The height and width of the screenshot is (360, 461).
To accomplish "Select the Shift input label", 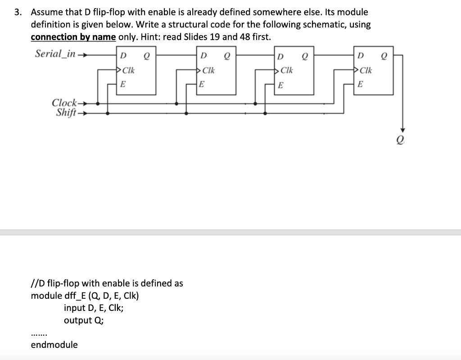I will pyautogui.click(x=66, y=112).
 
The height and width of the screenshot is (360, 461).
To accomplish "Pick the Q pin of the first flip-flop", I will pyautogui.click(x=146, y=56).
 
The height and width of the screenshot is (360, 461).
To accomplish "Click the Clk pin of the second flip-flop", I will pyautogui.click(x=208, y=70).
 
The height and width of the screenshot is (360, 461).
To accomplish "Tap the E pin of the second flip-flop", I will pyautogui.click(x=202, y=84).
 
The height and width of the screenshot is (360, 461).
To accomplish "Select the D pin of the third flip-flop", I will pyautogui.click(x=281, y=57).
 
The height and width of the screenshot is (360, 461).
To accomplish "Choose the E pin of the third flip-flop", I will pyautogui.click(x=281, y=84).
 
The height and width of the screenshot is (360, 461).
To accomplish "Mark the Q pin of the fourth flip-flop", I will pyautogui.click(x=384, y=57).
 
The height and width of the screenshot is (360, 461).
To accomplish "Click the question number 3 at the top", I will pyautogui.click(x=18, y=12).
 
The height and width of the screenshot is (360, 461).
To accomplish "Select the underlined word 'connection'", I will pyautogui.click(x=54, y=36).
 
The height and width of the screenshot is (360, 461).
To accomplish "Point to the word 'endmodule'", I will pyautogui.click(x=54, y=345).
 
